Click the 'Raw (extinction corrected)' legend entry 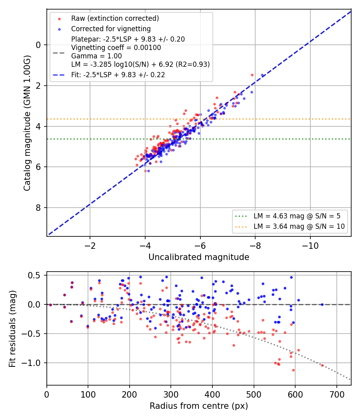pos(115,18)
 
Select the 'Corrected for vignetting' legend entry pos(111,29)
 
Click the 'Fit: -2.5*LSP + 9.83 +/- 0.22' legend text pos(118,75)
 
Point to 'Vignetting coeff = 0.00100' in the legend pos(116,48)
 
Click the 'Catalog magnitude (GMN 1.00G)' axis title pos(27,123)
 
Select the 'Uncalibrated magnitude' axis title pos(199,257)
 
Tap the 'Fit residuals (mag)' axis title pos(12,329)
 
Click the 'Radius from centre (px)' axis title pos(199,406)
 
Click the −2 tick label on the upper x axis pos(90,246)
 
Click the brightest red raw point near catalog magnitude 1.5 pos(252,75)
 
